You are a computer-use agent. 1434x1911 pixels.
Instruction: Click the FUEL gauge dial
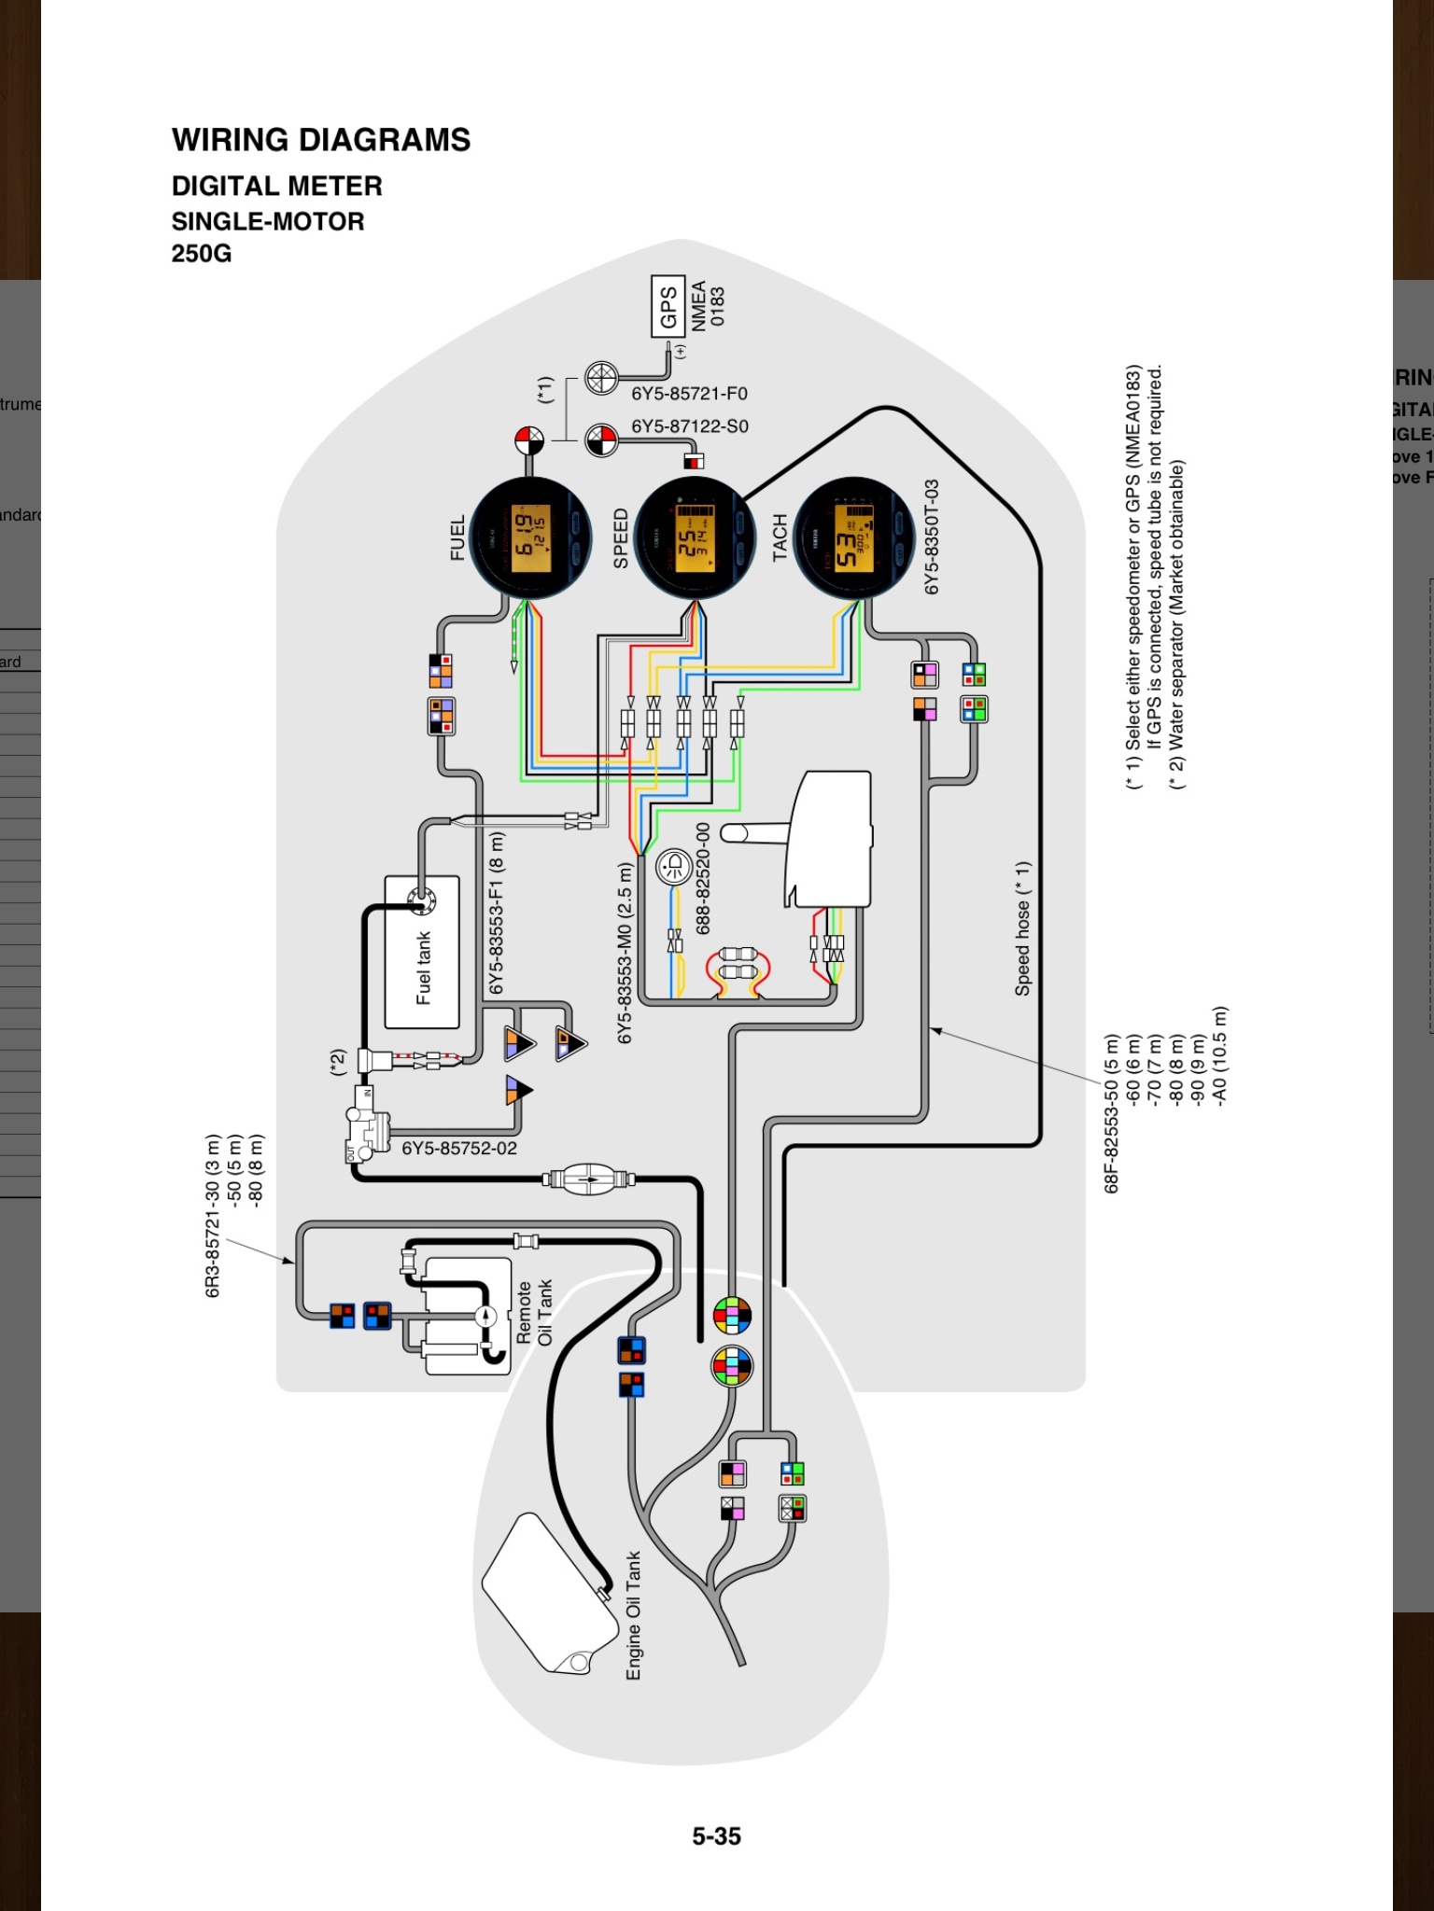[530, 538]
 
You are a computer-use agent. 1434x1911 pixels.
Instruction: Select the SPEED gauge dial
[695, 538]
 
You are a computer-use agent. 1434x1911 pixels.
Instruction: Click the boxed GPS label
[668, 306]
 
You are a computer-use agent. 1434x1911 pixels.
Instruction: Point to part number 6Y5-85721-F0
[689, 394]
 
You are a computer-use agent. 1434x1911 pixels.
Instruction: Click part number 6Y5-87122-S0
[690, 426]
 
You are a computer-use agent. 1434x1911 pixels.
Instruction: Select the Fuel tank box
[422, 952]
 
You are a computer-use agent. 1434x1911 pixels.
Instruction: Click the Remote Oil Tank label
[534, 1312]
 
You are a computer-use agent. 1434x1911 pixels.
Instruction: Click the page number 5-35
[716, 1836]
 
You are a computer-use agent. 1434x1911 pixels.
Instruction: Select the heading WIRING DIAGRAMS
[321, 140]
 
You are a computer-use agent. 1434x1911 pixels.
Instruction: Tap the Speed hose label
[1023, 928]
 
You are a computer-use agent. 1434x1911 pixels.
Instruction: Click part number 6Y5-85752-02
[459, 1149]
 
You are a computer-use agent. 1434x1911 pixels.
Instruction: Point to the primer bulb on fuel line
[589, 1179]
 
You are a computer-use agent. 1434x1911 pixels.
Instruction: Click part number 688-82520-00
[703, 877]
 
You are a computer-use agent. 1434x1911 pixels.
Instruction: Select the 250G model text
[202, 254]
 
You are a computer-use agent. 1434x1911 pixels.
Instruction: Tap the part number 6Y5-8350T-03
[932, 537]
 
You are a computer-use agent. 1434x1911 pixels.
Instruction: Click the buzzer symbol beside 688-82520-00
[674, 868]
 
